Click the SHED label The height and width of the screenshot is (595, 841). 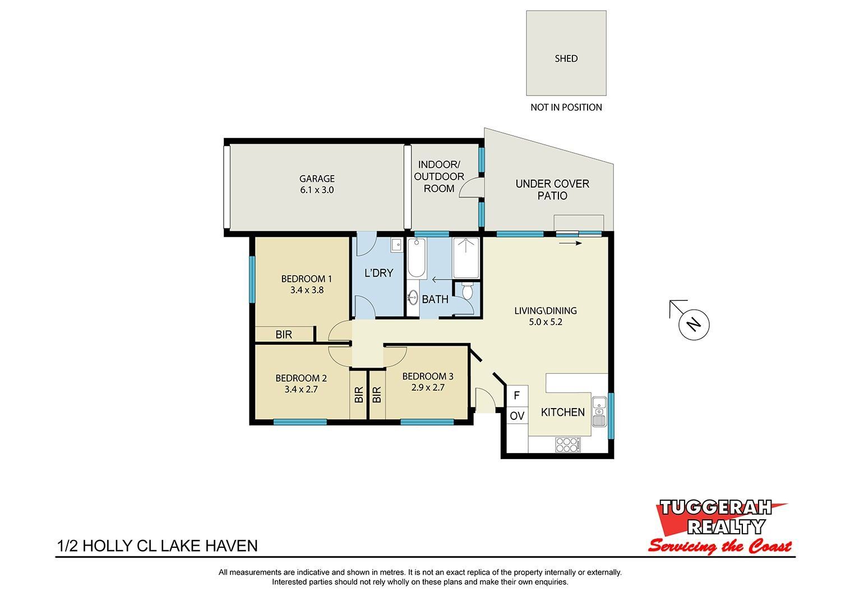[x=566, y=58]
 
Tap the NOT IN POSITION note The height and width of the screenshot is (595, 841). [x=566, y=108]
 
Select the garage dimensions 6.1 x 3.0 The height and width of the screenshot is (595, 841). [x=317, y=190]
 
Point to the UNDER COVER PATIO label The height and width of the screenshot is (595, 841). [x=552, y=190]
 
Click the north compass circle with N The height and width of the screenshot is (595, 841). [x=694, y=325]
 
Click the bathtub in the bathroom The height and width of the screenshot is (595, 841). [x=417, y=258]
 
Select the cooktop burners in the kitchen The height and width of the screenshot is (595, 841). [x=568, y=445]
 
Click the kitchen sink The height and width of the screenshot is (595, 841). [x=599, y=411]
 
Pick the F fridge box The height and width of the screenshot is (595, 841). [x=517, y=396]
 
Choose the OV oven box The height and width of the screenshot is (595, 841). [x=517, y=416]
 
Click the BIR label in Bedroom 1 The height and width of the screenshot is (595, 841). [x=284, y=335]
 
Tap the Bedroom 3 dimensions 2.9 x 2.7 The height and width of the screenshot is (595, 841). [x=428, y=387]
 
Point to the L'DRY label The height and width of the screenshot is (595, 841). [x=379, y=273]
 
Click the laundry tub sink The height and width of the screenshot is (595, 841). [x=396, y=245]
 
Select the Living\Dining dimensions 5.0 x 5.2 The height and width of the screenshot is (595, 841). [x=546, y=322]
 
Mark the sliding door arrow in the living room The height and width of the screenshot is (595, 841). [x=570, y=243]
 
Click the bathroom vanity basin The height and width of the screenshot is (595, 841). [x=413, y=298]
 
